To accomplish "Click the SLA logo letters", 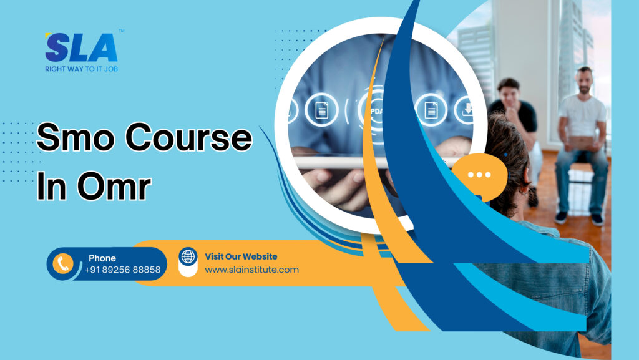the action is coord(81,47).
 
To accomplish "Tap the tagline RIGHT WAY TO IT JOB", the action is coord(82,69).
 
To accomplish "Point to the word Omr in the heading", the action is coord(114,186).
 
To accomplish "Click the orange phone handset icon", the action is coord(63,263).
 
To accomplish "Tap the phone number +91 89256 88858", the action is coord(123,270).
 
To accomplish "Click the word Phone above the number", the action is coord(102,258).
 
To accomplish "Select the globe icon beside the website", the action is coord(188,256).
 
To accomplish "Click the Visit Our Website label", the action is coord(241,256).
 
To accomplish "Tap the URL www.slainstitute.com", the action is coord(252,270).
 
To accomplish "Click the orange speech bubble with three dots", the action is coord(480,176).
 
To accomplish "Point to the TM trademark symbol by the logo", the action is coord(122,31).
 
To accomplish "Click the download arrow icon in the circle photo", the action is coord(467,109).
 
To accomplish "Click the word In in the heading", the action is coord(51,186).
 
